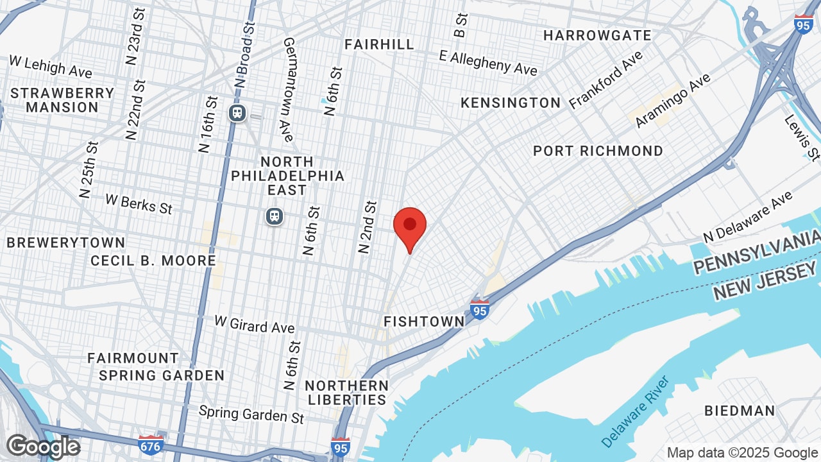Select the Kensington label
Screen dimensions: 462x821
coord(511,103)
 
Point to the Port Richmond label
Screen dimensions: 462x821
coord(598,151)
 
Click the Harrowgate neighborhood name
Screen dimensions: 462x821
coord(597,35)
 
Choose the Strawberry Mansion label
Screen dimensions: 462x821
coord(62,100)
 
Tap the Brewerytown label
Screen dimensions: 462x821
coord(65,243)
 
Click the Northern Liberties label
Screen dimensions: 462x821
coord(346,393)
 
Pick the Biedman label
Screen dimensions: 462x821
coord(740,411)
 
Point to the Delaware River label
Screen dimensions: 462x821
coord(636,411)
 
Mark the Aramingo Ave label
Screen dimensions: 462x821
coord(673,101)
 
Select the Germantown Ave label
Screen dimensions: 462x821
coord(287,90)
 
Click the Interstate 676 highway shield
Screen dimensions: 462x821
coord(150,443)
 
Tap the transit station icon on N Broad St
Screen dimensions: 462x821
coord(237,113)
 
